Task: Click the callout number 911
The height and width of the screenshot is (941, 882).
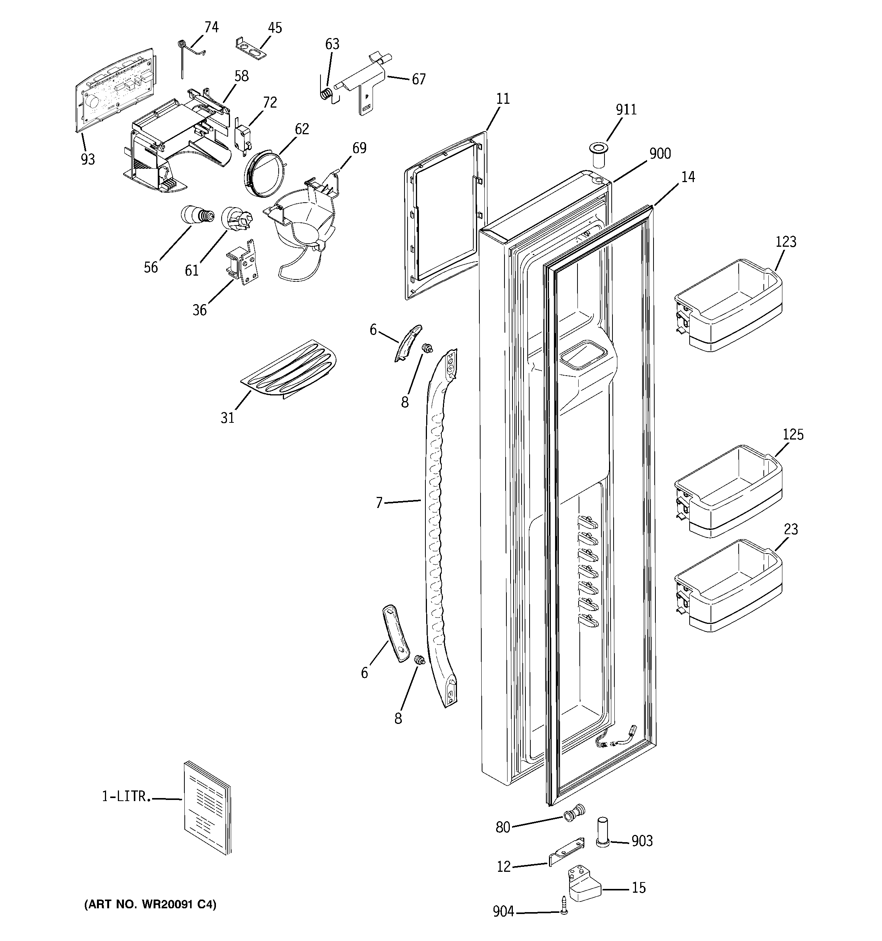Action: [x=626, y=110]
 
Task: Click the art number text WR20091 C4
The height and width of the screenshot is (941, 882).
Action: [x=150, y=905]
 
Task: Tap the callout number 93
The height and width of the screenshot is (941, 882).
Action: [x=87, y=160]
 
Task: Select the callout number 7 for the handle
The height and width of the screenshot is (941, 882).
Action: [x=379, y=503]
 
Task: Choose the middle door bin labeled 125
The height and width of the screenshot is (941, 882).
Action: [x=728, y=492]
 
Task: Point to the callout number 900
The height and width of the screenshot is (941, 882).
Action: [x=660, y=154]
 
